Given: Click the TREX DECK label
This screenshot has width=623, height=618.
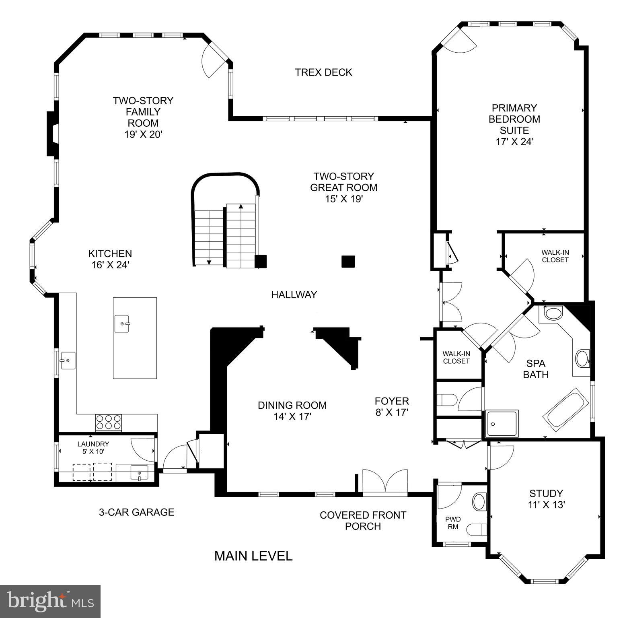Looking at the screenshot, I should [x=323, y=72].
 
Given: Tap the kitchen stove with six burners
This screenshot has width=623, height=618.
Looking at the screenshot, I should [x=108, y=422].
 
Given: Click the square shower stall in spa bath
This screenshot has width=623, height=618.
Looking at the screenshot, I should [x=502, y=424].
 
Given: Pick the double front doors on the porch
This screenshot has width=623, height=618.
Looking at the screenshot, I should [x=385, y=481].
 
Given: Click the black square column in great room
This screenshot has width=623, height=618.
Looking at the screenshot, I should [x=348, y=262].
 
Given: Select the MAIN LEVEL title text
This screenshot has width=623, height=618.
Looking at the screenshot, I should [x=253, y=556].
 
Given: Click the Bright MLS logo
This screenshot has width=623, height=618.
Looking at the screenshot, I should [x=50, y=601].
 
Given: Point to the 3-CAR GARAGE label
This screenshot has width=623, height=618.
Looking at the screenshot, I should [x=136, y=512].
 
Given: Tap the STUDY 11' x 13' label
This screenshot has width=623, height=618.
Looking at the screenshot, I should [x=546, y=499].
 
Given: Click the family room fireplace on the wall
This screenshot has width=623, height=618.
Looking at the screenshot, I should [x=52, y=134].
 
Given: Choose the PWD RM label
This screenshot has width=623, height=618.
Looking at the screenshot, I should [x=453, y=523].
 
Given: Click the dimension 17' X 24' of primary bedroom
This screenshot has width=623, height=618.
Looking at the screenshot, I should [x=514, y=142].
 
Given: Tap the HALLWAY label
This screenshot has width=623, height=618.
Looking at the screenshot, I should [x=294, y=295].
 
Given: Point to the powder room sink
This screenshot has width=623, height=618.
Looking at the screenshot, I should [x=479, y=501].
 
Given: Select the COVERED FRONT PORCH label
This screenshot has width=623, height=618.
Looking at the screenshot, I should [x=363, y=521].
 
